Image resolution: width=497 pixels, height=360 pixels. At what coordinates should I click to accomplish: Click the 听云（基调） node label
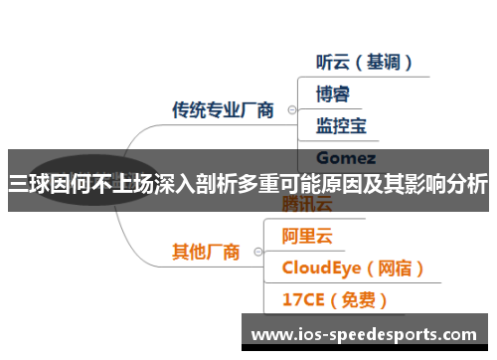(364, 62)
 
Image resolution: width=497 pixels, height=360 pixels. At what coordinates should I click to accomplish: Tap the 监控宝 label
(341, 125)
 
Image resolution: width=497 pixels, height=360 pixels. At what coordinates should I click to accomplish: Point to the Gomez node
(345, 157)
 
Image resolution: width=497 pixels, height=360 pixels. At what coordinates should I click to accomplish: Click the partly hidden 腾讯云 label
(308, 206)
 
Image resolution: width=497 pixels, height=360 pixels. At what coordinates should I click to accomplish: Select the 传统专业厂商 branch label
(223, 109)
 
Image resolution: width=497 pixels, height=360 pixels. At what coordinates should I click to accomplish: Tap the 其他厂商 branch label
(206, 252)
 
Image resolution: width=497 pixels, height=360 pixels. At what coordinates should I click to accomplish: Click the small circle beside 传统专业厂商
(290, 110)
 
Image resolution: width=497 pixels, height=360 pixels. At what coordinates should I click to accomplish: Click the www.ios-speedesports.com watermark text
(364, 335)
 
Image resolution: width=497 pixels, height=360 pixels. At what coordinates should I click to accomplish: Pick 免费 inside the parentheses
(360, 298)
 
